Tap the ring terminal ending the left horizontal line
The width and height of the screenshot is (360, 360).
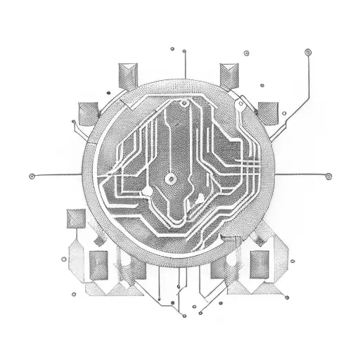pyautogui.click(x=32, y=175)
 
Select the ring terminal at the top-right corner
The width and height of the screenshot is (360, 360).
pyautogui.click(x=307, y=51)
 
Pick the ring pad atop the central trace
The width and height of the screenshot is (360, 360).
pyautogui.click(x=184, y=104)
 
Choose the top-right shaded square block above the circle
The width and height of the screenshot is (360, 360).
pyautogui.click(x=230, y=74)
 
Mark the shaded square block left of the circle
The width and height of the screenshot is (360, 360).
pyautogui.click(x=88, y=112)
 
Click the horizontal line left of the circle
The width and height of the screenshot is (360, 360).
pyautogui.click(x=60, y=175)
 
